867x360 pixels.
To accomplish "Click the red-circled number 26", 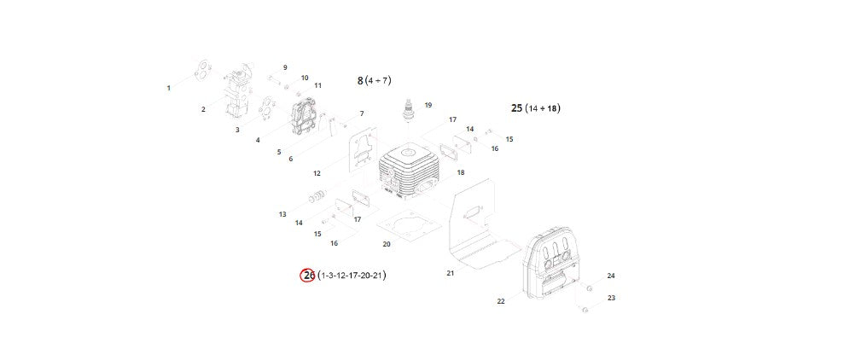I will pos(308,276).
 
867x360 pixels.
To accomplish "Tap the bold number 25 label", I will pos(516,108).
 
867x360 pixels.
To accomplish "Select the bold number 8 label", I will pos(360,80).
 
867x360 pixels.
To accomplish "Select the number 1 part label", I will pos(169,88).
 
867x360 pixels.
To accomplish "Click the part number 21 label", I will pos(451,273).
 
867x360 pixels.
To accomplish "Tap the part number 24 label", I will pos(611,276).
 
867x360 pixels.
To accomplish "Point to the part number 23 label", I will pos(611,298).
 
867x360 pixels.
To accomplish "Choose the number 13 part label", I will pos(282,214).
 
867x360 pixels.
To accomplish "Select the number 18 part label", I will pos(461,173).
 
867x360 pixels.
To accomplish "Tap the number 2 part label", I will pos(203,109).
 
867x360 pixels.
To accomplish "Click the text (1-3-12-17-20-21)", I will pos(352,276).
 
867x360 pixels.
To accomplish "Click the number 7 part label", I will pos(361,113).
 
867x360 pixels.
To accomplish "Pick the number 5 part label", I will pos(278,152).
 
